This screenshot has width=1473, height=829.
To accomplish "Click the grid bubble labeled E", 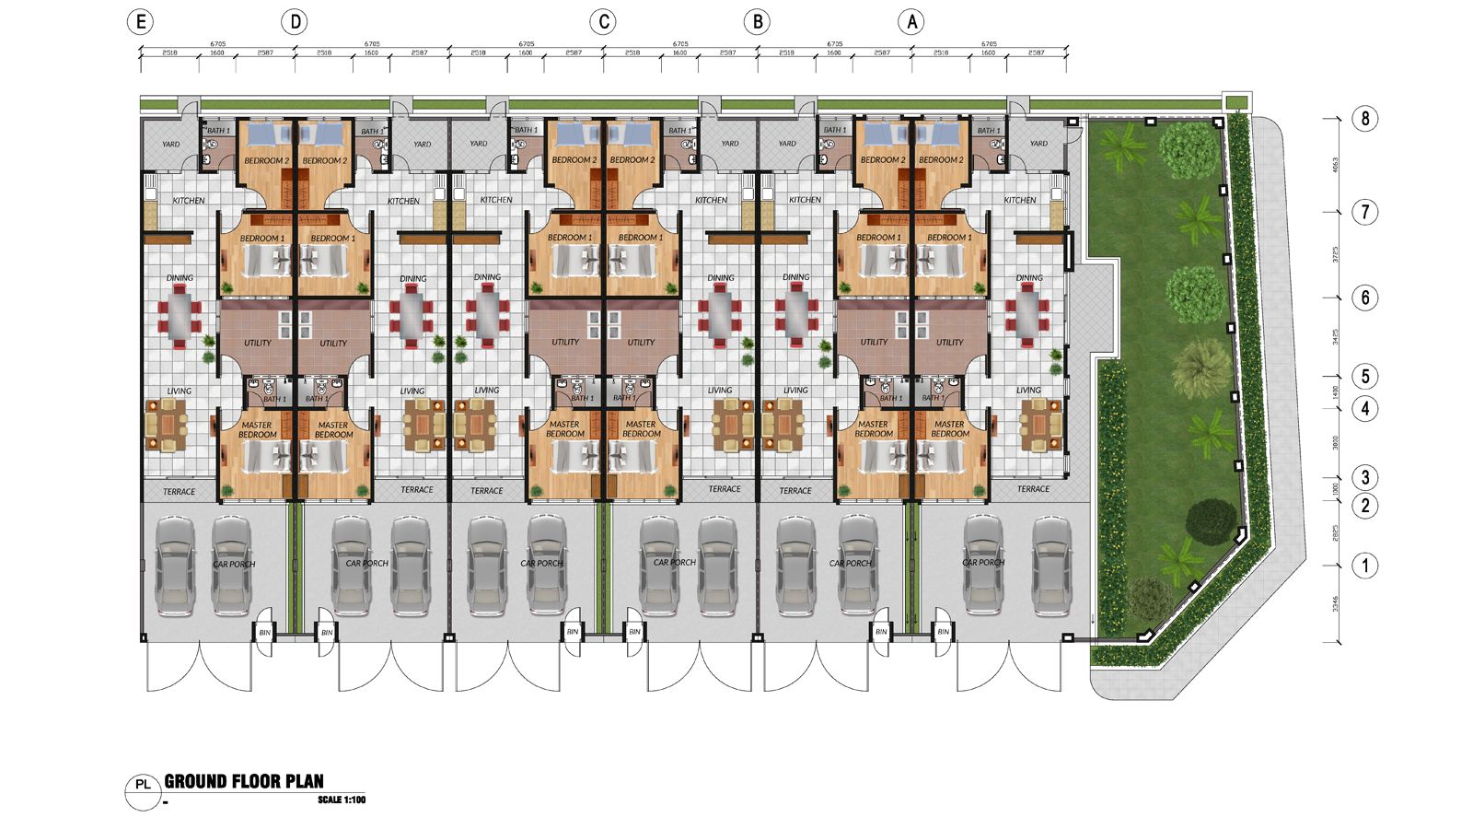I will pyautogui.click(x=140, y=22).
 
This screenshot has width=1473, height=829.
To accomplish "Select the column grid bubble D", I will pyautogui.click(x=294, y=22).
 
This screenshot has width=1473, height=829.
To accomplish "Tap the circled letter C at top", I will pyautogui.click(x=603, y=22).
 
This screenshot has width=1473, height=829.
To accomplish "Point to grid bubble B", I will pyautogui.click(x=757, y=22).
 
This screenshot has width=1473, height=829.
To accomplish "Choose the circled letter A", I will pyautogui.click(x=911, y=22).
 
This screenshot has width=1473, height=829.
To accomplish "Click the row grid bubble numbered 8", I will pyautogui.click(x=1364, y=118).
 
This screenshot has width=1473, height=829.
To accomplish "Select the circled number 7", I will pyautogui.click(x=1364, y=212).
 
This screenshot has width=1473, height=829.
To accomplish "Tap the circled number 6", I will pyautogui.click(x=1364, y=298).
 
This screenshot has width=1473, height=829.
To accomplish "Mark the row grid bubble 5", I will pyautogui.click(x=1364, y=376).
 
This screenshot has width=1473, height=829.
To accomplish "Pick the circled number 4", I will pyautogui.click(x=1364, y=408).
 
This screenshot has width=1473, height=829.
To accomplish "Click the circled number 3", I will pyautogui.click(x=1364, y=477).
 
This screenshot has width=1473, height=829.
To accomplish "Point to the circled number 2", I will pyautogui.click(x=1364, y=505).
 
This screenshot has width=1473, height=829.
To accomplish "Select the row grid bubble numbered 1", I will pyautogui.click(x=1364, y=566).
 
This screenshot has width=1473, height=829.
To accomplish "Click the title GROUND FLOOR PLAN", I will pyautogui.click(x=244, y=781).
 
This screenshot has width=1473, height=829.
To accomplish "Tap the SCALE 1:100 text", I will pyautogui.click(x=342, y=800).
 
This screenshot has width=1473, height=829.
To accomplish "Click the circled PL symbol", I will pyautogui.click(x=143, y=785).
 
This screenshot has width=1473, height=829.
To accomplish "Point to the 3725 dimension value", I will pyautogui.click(x=1336, y=254).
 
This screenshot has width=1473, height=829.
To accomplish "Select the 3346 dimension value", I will pyautogui.click(x=1336, y=604).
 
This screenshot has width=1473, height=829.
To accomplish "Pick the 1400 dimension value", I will pyautogui.click(x=1336, y=392).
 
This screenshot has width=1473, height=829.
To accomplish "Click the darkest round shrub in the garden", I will pyautogui.click(x=1211, y=520).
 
